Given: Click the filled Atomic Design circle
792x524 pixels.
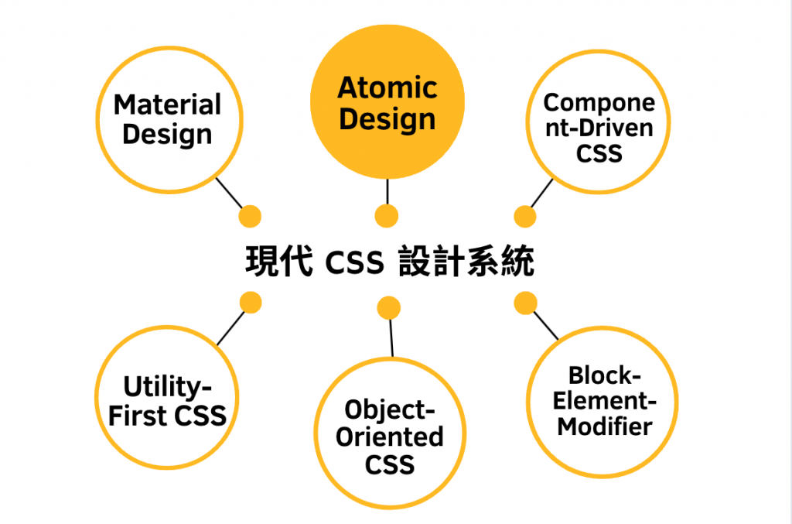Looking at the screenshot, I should (x=387, y=104).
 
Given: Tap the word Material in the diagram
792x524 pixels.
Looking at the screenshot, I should (x=167, y=104).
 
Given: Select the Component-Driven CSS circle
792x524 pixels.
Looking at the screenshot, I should (x=599, y=128).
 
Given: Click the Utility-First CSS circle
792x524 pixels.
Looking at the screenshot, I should (x=167, y=400).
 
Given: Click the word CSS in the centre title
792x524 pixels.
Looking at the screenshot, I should (x=354, y=263).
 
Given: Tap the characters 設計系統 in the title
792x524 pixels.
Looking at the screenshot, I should (x=466, y=262).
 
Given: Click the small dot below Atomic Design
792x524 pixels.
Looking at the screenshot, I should (x=386, y=216).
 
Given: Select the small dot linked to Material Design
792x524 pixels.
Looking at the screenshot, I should (x=250, y=216).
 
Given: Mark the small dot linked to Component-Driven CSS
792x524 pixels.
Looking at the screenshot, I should (x=524, y=217).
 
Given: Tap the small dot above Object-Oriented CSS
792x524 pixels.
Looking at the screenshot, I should (x=389, y=308).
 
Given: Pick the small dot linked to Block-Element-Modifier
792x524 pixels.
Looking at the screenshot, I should (x=526, y=302).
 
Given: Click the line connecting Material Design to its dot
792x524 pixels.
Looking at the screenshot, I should (x=228, y=193).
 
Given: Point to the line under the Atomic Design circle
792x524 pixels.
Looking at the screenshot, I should (x=386, y=190).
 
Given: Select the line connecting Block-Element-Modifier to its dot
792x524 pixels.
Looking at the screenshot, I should (x=546, y=325).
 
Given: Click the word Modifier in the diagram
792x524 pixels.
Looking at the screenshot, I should (x=605, y=426).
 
